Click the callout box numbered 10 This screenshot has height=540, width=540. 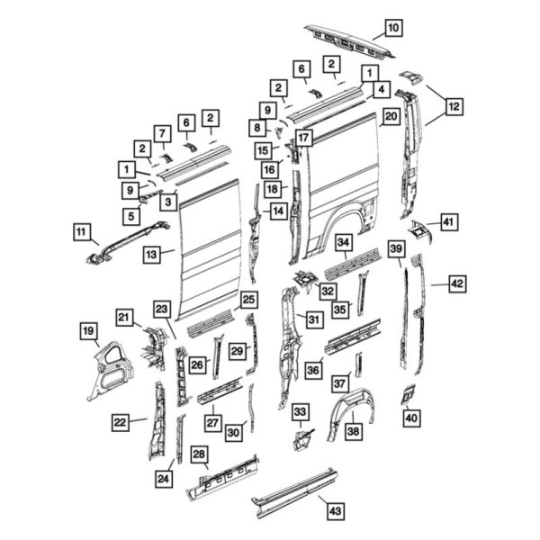[x=394, y=27]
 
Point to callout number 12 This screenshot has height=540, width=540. [x=454, y=106]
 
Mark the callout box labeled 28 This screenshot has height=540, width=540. [x=200, y=454]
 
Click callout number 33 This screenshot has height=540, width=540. [x=301, y=412]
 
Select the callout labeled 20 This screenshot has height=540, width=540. [x=390, y=116]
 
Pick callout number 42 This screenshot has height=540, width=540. [x=458, y=283]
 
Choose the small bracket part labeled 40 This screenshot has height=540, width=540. [x=408, y=393]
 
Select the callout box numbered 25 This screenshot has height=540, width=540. [x=247, y=299]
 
